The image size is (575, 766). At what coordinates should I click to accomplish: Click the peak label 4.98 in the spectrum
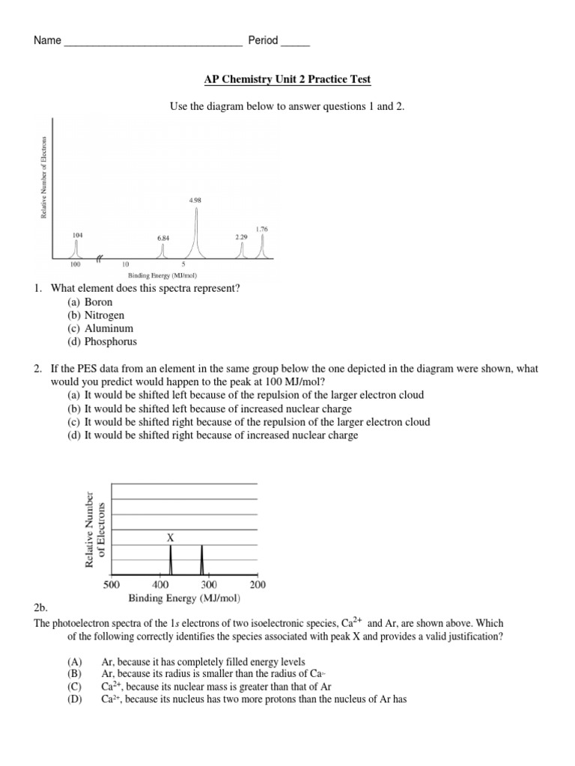[196, 200]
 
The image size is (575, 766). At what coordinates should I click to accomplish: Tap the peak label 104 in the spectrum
[78, 234]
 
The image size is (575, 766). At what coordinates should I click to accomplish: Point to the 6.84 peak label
[163, 237]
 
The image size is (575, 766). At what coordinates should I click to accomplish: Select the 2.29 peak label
[241, 236]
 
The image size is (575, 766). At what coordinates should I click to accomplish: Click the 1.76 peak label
[261, 229]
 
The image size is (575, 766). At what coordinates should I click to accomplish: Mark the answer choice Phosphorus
[111, 342]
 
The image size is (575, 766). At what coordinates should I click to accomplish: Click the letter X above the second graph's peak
[171, 537]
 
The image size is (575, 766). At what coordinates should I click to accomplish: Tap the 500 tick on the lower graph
[112, 584]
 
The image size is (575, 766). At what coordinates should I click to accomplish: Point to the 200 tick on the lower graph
[257, 584]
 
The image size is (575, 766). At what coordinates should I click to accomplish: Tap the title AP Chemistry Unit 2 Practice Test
[287, 79]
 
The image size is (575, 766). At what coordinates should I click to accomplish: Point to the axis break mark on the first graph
[100, 260]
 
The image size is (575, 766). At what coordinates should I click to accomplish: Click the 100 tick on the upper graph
[75, 265]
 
